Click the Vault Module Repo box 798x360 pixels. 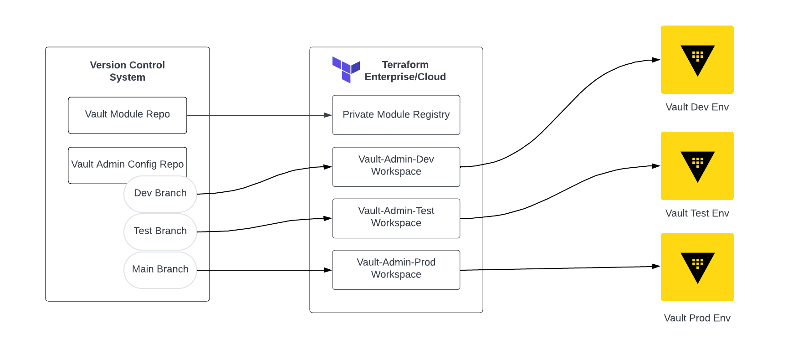127,115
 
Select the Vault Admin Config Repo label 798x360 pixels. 127,164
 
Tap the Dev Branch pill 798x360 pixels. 160,193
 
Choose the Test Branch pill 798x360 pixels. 160,231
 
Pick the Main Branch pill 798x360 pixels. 160,269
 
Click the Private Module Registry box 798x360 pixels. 396,115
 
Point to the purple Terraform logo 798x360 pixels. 346,70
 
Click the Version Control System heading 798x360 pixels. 127,71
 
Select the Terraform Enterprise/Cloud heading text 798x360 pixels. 405,71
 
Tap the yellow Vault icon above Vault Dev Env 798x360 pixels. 697,60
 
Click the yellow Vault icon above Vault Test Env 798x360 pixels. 697,166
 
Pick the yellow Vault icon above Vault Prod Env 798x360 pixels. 697,267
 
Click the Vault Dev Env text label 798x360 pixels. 697,107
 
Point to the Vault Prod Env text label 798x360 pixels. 697,318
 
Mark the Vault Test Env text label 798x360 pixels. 697,213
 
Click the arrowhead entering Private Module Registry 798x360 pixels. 328,115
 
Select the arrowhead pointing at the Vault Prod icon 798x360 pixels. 656,266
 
